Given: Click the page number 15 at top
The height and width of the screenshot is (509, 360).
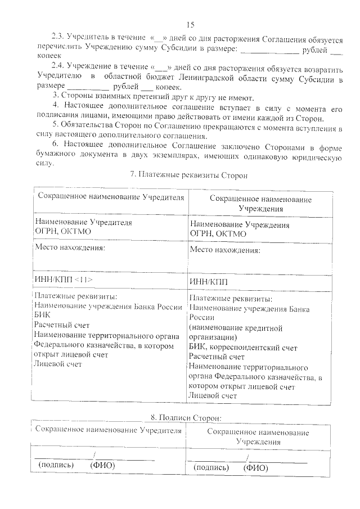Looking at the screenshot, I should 190,24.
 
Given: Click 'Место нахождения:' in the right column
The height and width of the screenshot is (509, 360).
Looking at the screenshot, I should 225,250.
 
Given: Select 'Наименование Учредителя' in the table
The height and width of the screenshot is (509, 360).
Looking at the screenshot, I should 83,222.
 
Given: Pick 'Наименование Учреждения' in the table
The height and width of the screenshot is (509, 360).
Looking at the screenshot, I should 240,225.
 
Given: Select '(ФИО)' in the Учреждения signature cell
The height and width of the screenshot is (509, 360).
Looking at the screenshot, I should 255,467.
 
